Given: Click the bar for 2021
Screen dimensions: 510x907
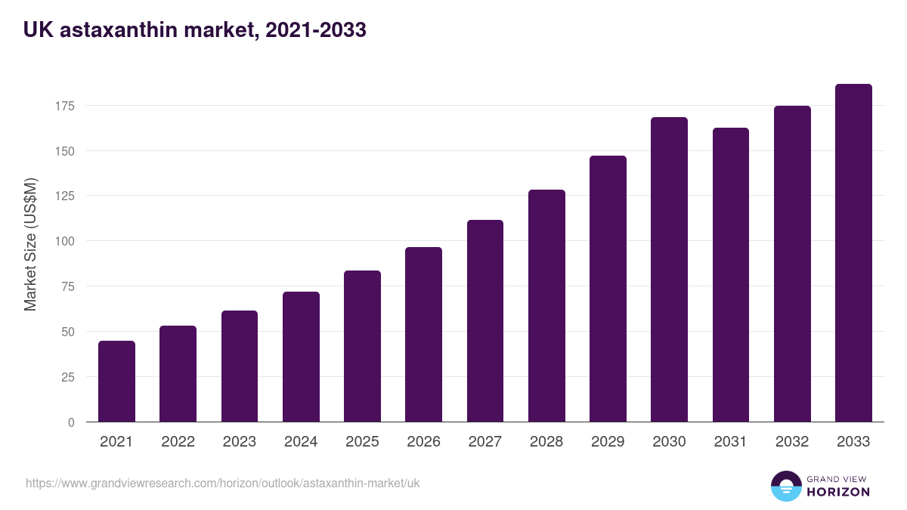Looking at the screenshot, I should [x=116, y=382].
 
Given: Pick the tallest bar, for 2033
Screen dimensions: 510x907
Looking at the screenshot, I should [x=853, y=253].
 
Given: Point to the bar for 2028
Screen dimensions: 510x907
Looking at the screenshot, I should [x=546, y=306].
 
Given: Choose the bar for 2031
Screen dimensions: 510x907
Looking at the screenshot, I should [x=730, y=275].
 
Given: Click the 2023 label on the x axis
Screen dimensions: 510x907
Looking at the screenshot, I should [x=239, y=442].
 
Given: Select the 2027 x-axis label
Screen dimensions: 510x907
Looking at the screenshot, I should [x=484, y=442].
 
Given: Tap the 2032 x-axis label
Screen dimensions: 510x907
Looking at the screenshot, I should [x=792, y=442].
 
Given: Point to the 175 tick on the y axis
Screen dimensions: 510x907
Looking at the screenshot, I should [x=64, y=106].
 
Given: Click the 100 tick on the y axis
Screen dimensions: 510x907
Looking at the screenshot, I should [x=64, y=241].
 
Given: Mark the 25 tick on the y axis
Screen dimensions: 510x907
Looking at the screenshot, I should [x=67, y=377].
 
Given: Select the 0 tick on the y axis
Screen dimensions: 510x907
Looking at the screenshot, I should [x=71, y=422].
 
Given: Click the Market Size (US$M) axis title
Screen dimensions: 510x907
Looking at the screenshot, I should [x=30, y=244].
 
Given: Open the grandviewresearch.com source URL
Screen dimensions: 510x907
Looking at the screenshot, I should [x=222, y=483].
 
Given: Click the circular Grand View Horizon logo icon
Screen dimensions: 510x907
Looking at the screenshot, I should [x=785, y=486].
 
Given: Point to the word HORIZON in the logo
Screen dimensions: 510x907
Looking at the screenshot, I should [x=838, y=492].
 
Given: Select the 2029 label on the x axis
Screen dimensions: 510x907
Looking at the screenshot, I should [x=608, y=442].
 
